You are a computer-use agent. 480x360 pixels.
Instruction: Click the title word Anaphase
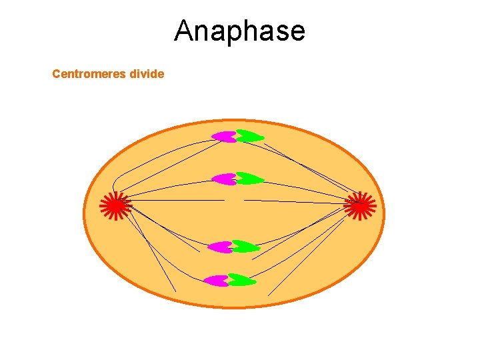[240, 31]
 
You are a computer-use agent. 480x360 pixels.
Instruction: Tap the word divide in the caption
[147, 74]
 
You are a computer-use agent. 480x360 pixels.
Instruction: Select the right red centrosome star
[360, 205]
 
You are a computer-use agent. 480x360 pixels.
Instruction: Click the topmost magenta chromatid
[223, 137]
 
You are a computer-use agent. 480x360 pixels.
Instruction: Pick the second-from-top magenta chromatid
[223, 179]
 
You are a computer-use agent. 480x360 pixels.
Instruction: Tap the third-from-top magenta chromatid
[220, 247]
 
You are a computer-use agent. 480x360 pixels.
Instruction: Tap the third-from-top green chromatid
[245, 247]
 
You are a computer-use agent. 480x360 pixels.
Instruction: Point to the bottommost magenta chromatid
[217, 281]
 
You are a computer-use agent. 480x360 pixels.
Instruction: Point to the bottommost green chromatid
[242, 281]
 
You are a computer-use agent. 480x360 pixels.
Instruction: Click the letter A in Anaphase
[184, 31]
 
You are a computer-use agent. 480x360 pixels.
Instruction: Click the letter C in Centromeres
[56, 74]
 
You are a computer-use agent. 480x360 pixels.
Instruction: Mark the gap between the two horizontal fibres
[234, 200]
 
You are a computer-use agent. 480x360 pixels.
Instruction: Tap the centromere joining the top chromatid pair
[236, 137]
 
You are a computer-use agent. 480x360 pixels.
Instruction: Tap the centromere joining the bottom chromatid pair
[229, 281]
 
